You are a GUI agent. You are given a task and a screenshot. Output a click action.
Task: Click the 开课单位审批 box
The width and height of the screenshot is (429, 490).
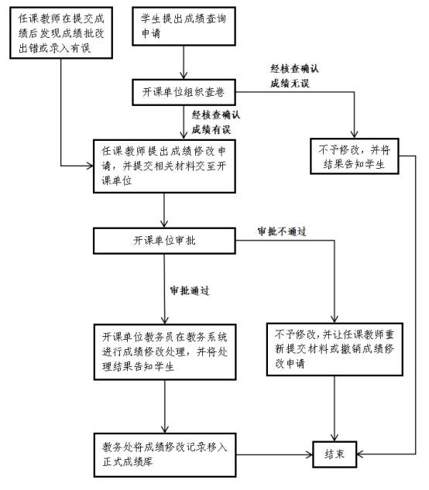click(x=164, y=241)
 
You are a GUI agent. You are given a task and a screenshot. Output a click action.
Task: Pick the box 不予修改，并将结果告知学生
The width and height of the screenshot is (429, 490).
click(x=352, y=157)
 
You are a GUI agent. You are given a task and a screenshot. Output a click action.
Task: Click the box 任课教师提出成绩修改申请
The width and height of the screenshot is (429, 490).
click(x=164, y=163)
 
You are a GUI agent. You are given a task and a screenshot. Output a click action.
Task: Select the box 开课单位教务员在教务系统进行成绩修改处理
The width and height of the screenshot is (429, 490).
click(x=164, y=352)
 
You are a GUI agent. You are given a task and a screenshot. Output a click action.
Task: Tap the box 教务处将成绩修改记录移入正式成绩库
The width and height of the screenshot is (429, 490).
click(x=164, y=454)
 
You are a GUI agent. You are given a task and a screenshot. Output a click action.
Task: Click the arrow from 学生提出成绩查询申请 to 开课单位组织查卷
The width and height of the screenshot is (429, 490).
click(x=183, y=62)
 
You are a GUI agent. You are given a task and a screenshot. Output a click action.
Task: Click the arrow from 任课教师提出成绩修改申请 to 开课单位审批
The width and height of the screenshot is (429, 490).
click(x=164, y=209)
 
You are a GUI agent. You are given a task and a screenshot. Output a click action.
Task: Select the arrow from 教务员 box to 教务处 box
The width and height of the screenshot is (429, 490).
click(x=164, y=406)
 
